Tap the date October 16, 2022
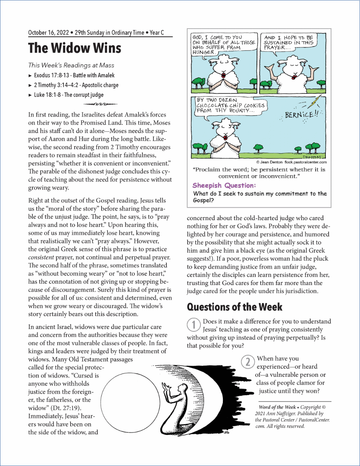pos(48,33)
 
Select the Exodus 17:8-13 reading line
pos(74,75)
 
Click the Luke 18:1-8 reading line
pos(69,95)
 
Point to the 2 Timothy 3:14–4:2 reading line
pos(76,85)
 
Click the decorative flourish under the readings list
pos(100,104)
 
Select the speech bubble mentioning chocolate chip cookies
pos(230,105)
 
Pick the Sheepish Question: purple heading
pos(224,186)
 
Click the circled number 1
pos(194,325)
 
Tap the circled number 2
pos(248,362)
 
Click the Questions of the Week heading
pos(234,307)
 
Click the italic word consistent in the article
pos(41,258)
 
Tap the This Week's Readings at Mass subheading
pos(71,65)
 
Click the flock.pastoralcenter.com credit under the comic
pos(305,162)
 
